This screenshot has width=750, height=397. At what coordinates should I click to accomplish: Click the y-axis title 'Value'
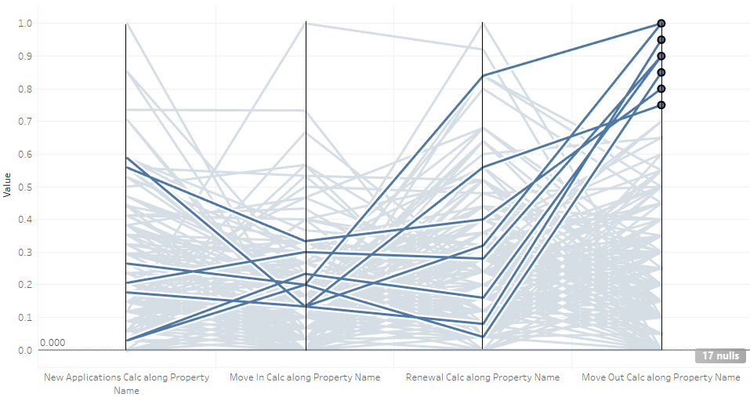(x=7, y=187)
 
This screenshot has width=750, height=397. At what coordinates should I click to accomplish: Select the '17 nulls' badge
(x=719, y=356)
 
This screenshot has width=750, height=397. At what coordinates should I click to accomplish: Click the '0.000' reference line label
(x=53, y=343)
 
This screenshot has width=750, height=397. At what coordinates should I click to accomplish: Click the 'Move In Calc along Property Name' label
(x=305, y=377)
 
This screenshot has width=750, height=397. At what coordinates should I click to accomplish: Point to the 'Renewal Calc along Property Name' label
(x=483, y=377)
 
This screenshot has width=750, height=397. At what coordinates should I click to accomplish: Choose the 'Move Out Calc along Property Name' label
(x=661, y=377)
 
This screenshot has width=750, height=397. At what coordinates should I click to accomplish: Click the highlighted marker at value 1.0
(x=661, y=24)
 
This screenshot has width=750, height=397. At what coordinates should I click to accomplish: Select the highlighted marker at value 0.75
(x=661, y=105)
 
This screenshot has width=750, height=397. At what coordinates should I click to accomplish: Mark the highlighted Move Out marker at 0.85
(x=661, y=72)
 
